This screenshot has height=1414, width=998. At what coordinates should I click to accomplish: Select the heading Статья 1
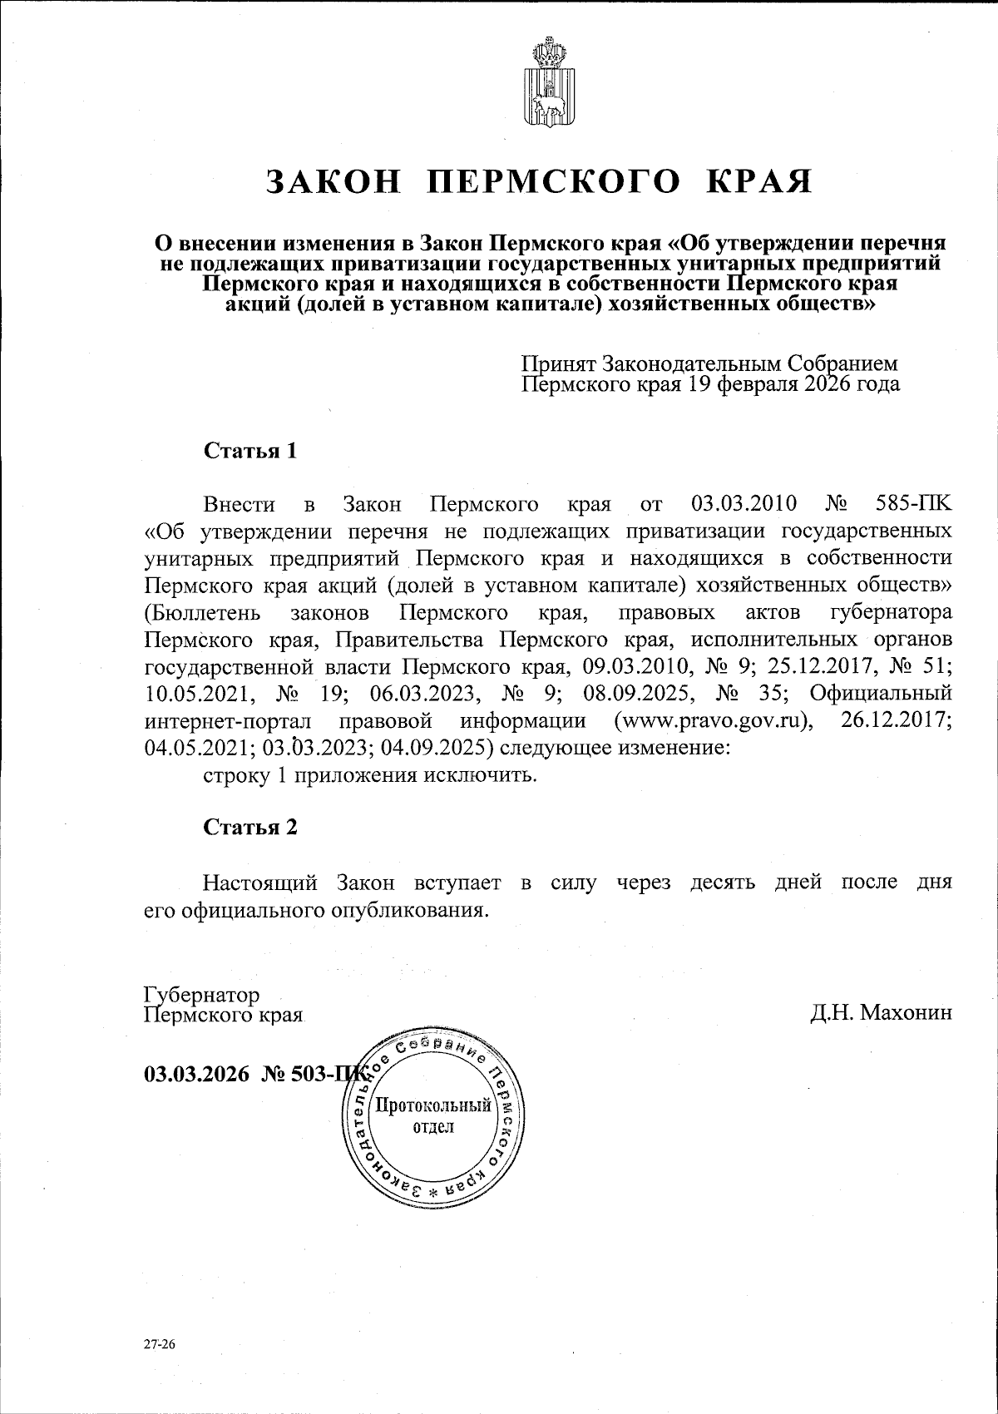click(250, 452)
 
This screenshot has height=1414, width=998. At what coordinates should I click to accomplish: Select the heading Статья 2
click(250, 827)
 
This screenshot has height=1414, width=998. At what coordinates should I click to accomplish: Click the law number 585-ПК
click(914, 504)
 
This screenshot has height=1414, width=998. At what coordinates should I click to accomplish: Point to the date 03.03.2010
click(744, 504)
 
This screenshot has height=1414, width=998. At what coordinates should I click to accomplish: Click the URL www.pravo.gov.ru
click(712, 719)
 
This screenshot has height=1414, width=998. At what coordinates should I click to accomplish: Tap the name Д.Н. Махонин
click(881, 1012)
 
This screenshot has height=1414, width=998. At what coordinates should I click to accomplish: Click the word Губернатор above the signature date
click(201, 995)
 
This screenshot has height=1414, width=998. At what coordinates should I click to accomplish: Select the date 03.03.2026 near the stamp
click(196, 1074)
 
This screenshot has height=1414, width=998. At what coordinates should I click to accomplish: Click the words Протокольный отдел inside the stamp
click(432, 1116)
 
